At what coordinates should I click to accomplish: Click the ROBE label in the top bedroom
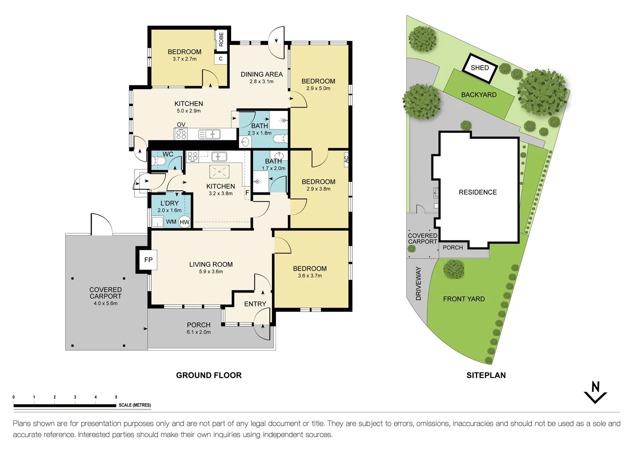[x=221, y=40]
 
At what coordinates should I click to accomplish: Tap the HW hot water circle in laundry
[x=184, y=222]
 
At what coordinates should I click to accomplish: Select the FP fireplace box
[x=148, y=260]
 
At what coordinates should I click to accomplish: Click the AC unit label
[x=347, y=159]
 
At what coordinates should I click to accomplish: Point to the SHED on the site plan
[x=480, y=68]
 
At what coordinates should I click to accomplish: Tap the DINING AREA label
[x=261, y=74]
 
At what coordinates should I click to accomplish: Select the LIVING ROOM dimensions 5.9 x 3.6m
[x=211, y=272]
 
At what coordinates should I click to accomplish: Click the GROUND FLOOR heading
[x=209, y=375]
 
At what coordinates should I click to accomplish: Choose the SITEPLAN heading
[x=486, y=375]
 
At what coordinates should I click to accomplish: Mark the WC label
[x=168, y=154]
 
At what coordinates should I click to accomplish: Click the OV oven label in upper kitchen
[x=181, y=124]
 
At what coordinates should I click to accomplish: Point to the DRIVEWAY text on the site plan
[x=418, y=283]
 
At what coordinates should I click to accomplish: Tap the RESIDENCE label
[x=478, y=192]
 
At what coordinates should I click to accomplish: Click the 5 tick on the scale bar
[x=116, y=397]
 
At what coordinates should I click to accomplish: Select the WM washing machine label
[x=171, y=222]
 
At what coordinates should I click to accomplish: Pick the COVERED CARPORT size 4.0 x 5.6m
[x=105, y=303]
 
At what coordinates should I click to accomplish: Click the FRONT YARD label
[x=464, y=299]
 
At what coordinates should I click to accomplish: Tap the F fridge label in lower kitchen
[x=247, y=193]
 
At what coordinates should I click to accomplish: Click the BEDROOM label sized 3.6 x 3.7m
[x=310, y=269]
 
